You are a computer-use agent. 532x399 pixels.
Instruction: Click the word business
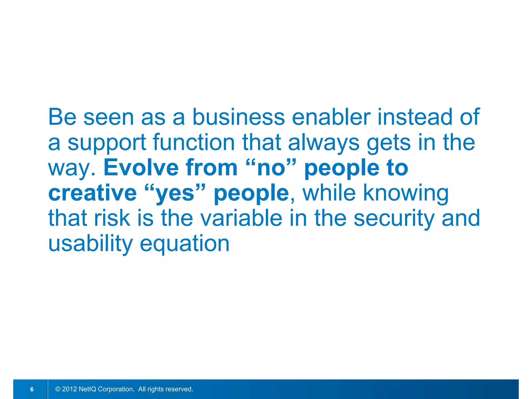point(238,117)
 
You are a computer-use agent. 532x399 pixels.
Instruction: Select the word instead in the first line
point(415,117)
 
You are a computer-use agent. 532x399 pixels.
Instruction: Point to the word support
point(107,143)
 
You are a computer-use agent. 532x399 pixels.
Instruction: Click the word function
point(194,143)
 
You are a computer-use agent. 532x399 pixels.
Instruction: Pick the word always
point(324,143)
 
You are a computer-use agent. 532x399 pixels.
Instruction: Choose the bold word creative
point(92,193)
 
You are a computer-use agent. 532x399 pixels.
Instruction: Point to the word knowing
point(405,194)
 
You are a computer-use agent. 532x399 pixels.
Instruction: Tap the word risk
point(112,218)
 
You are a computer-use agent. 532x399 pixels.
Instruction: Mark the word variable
point(241,218)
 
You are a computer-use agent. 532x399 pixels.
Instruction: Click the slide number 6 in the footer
point(32,389)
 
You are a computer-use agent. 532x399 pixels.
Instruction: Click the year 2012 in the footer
point(69,389)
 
